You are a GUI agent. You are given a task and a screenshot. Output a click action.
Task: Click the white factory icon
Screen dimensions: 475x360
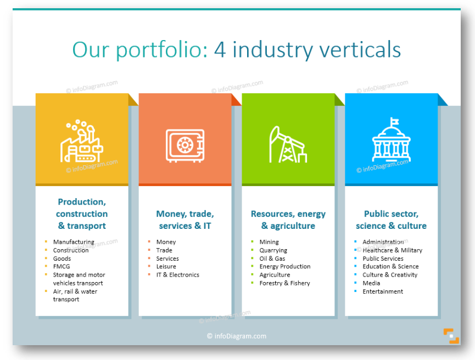coord(82,141)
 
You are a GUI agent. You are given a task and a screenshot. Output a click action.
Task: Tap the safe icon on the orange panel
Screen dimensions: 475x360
coord(185,145)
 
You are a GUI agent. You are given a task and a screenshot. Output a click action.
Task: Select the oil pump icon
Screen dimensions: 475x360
coord(288,144)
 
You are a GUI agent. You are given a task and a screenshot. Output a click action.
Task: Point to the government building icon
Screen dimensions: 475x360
coord(391,139)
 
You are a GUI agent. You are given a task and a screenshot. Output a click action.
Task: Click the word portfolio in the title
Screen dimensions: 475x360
coord(162,49)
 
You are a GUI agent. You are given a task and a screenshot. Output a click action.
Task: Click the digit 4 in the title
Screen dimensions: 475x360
coord(220,49)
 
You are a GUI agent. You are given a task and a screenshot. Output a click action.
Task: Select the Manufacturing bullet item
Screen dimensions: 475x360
coord(74,242)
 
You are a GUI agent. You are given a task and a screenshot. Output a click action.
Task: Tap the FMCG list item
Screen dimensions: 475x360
coord(62,267)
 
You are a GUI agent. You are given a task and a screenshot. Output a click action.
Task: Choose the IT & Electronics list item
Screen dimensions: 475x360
coord(178,275)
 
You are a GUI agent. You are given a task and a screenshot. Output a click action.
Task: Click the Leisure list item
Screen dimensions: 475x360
coord(166,267)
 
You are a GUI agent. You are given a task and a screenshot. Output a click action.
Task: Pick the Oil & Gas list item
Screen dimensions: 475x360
coord(272,258)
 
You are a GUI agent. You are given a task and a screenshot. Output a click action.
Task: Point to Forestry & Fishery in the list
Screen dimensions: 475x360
coord(285,283)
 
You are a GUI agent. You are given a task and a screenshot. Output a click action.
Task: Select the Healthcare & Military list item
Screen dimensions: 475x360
coord(392,250)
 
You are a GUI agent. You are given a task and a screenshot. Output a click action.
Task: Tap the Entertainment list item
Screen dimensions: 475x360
coord(383,291)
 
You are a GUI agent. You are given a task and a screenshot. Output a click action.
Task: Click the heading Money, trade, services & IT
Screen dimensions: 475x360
coord(185,220)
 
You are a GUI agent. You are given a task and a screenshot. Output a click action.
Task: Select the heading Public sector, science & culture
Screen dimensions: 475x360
coord(391,220)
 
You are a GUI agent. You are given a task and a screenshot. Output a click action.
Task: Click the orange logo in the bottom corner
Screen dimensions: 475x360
coord(451,336)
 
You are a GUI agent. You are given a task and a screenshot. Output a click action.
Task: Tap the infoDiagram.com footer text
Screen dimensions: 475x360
coord(237,336)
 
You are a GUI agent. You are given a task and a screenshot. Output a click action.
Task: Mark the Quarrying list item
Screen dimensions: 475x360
coord(273,250)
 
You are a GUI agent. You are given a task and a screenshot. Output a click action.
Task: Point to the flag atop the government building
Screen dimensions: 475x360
coord(394,121)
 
